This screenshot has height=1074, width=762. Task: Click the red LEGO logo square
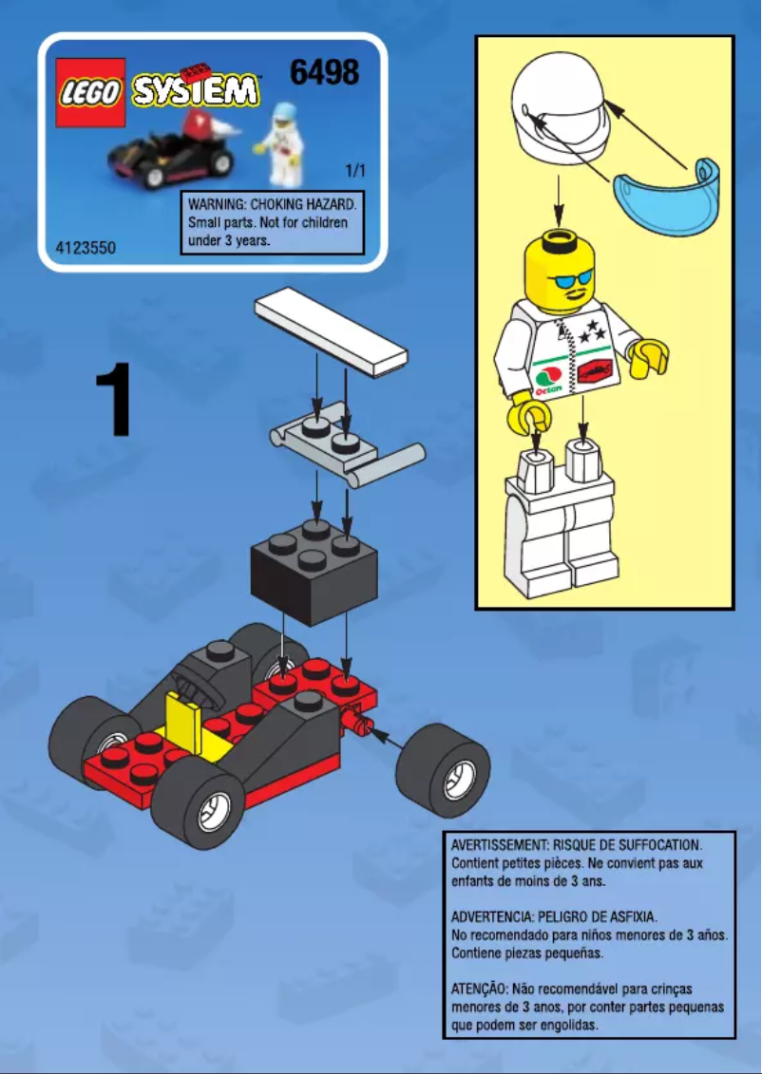pyautogui.click(x=90, y=93)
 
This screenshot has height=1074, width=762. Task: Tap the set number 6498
pyautogui.click(x=324, y=72)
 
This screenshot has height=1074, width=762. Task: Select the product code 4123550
pyautogui.click(x=86, y=248)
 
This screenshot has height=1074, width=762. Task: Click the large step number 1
pyautogui.click(x=114, y=403)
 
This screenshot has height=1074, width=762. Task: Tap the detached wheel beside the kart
pyautogui.click(x=442, y=770)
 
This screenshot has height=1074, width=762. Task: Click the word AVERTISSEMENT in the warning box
pyautogui.click(x=500, y=844)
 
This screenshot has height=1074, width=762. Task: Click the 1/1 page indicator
pyautogui.click(x=355, y=172)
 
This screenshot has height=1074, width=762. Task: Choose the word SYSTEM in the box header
pyautogui.click(x=195, y=91)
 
